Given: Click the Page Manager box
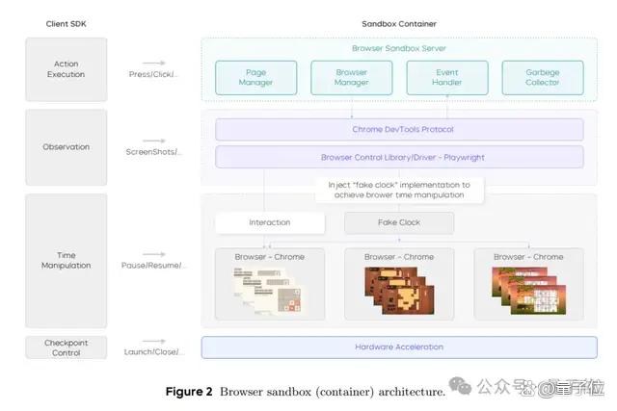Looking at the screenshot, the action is tap(255, 77).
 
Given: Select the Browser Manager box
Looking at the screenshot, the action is tap(351, 77).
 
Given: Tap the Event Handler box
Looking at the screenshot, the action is tap(447, 77).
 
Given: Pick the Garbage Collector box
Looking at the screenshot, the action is tap(543, 77).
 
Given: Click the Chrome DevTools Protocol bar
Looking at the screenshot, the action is tap(399, 129).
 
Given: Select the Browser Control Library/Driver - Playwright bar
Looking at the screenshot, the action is tap(399, 157).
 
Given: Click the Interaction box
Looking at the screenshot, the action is tap(270, 222).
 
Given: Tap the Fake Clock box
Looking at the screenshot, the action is tap(399, 222).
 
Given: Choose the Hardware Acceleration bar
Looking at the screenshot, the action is tap(399, 347).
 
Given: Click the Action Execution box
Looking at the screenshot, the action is tap(67, 69).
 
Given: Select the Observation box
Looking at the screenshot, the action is tap(67, 147).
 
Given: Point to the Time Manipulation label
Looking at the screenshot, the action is tap(67, 260).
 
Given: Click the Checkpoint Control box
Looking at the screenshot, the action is tap(67, 347).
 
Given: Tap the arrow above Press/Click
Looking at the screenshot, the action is tap(154, 63).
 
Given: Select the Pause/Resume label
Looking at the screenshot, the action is tap(153, 266).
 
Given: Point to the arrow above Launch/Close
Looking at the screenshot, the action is tap(154, 341).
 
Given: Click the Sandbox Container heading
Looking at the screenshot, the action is tap(399, 24).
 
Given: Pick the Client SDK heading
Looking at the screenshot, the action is tap(67, 24).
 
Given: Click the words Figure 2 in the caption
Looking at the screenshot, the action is tap(189, 392).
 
